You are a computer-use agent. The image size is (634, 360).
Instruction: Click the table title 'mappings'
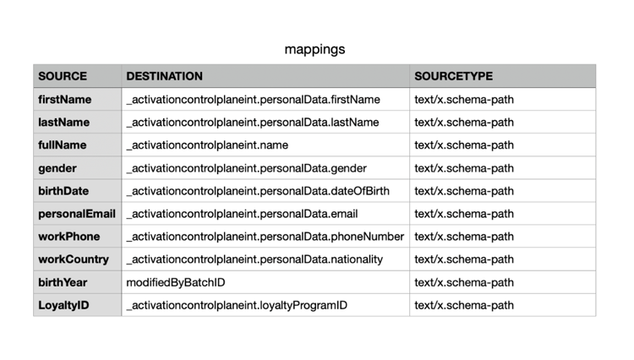314,49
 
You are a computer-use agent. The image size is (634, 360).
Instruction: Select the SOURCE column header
63,76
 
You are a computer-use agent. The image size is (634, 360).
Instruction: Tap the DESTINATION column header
164,76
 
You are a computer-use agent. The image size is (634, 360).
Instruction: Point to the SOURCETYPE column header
453,76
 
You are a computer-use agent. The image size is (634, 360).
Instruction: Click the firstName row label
65,100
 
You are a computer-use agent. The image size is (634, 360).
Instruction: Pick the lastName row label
64,122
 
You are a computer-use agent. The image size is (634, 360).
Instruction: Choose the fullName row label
63,145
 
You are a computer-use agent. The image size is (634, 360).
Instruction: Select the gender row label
57,168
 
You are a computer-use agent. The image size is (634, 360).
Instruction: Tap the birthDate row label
63,191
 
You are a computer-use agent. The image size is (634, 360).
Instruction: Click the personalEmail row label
77,214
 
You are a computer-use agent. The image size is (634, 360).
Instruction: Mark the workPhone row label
69,237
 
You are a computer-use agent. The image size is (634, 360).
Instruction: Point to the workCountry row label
74,259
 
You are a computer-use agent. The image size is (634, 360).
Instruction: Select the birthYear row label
63,282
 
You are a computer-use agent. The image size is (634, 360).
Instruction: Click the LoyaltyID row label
63,305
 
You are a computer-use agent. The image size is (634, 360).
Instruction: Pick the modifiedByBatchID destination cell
176,282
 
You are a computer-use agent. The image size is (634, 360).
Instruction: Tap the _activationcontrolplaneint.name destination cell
207,145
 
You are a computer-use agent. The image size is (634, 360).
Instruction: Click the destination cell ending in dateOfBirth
258,191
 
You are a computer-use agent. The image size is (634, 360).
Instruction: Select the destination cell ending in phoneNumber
265,237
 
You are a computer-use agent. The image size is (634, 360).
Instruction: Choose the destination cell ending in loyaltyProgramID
237,305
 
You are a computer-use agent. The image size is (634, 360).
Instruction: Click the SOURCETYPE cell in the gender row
464,168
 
